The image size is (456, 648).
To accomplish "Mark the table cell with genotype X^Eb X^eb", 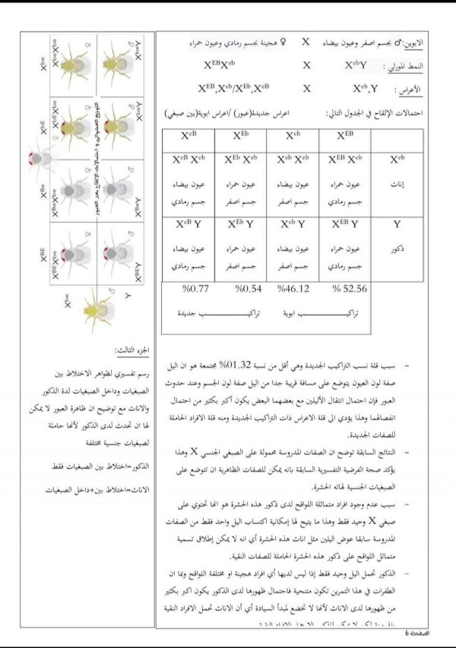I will (x=241, y=160).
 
